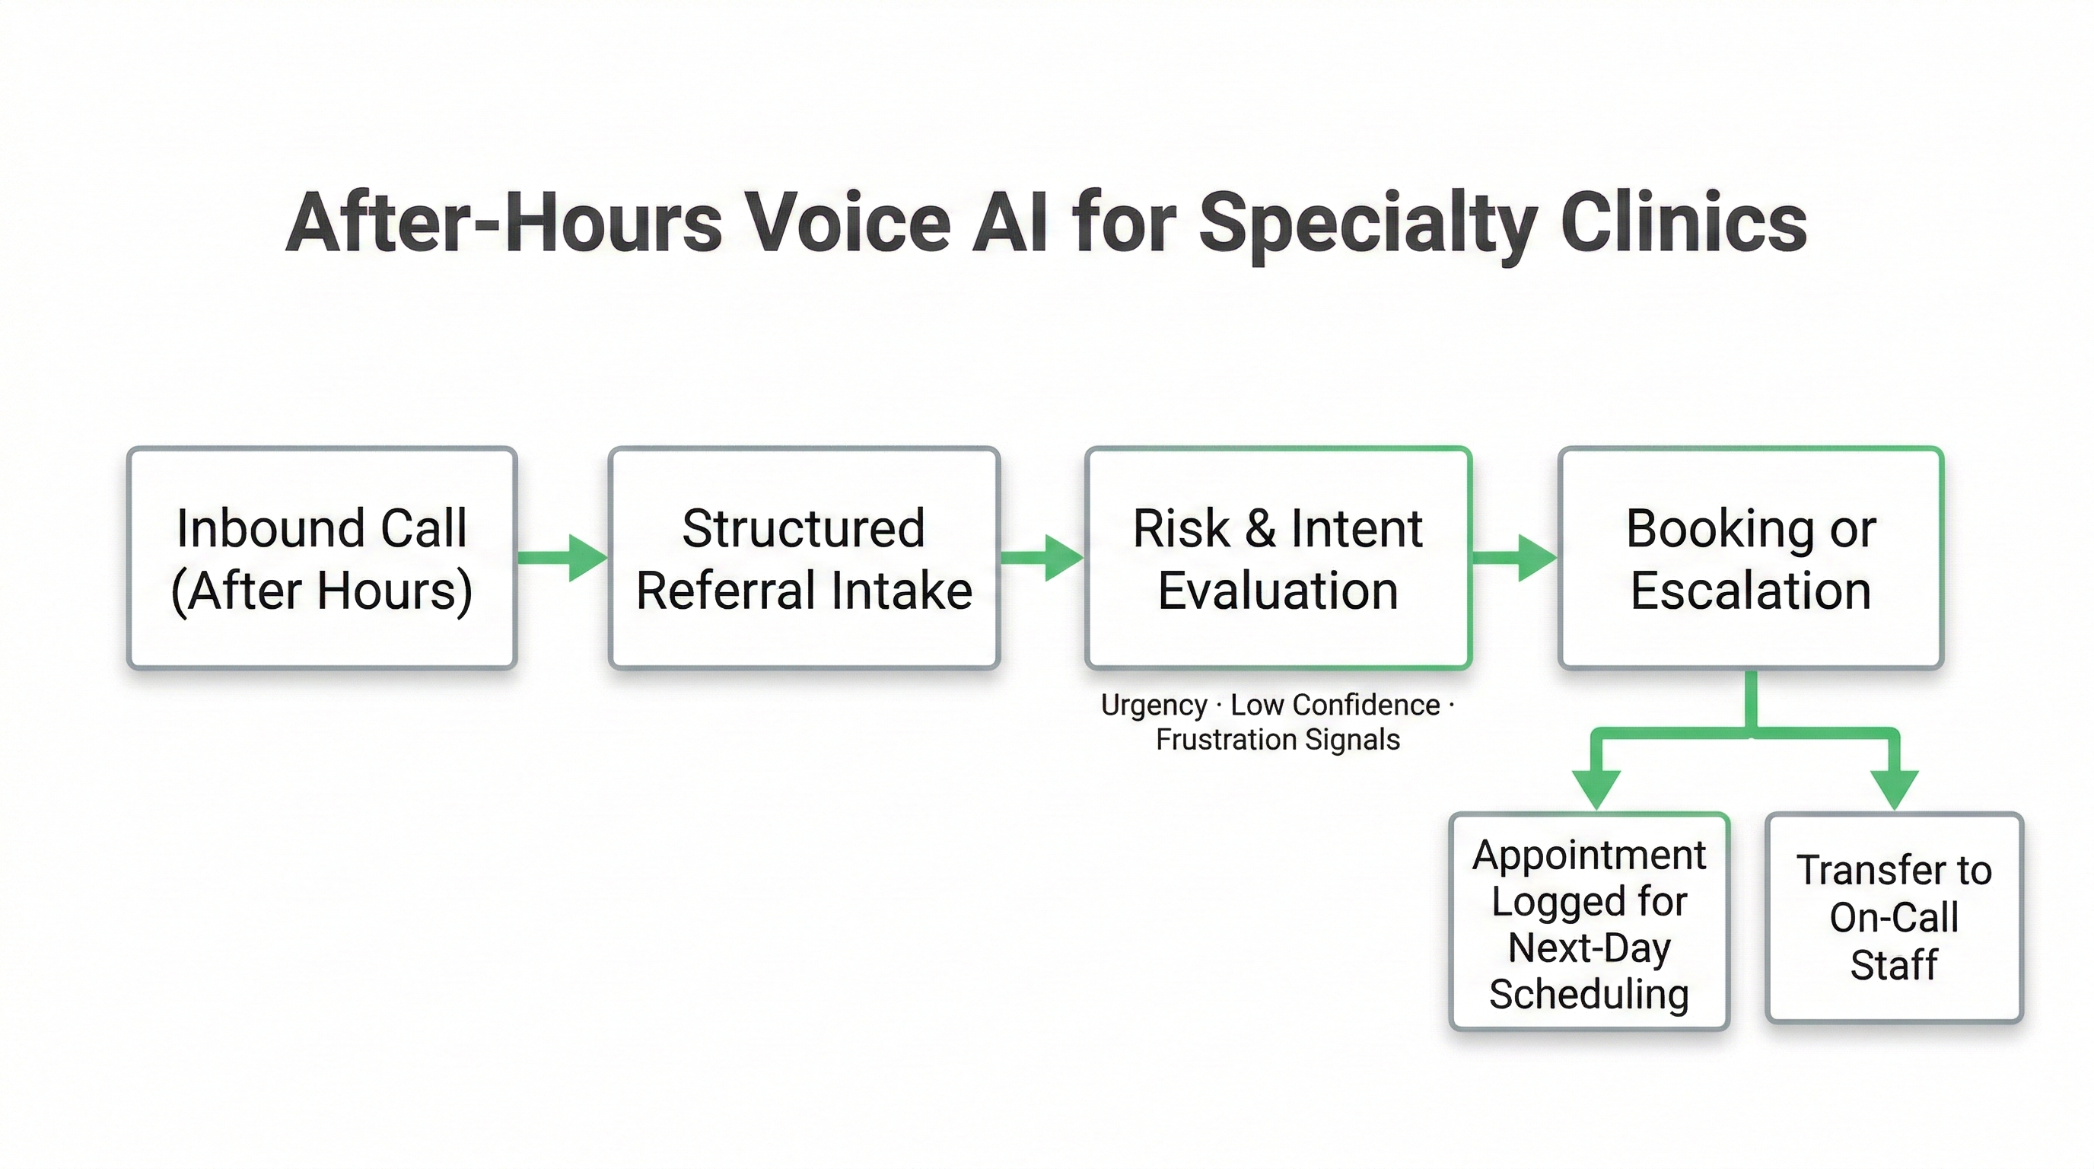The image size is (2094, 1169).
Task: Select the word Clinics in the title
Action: [x=1682, y=223]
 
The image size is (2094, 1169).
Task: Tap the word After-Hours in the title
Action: [x=504, y=223]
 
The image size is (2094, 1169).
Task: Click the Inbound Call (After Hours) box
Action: [x=322, y=558]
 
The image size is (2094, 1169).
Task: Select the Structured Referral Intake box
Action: [x=804, y=558]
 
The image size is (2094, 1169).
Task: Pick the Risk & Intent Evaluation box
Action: [x=1278, y=558]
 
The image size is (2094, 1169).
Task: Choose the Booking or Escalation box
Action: [x=1751, y=558]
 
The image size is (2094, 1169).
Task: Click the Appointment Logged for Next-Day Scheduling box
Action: [x=1590, y=922]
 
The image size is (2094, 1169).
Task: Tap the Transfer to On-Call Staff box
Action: [x=1894, y=917]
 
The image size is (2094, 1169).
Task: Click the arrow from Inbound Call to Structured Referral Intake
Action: [x=562, y=558]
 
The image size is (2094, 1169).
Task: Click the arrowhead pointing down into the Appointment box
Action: [x=1596, y=787]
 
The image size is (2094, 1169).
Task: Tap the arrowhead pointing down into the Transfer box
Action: [x=1895, y=787]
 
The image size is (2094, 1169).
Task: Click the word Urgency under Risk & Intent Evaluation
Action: [x=1154, y=705]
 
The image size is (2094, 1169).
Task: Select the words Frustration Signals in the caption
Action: [x=1278, y=740]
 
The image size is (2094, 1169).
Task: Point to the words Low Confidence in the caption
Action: [x=1335, y=705]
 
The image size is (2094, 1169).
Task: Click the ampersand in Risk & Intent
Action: [x=1261, y=528]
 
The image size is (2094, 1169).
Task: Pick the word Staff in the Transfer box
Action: [x=1894, y=965]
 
